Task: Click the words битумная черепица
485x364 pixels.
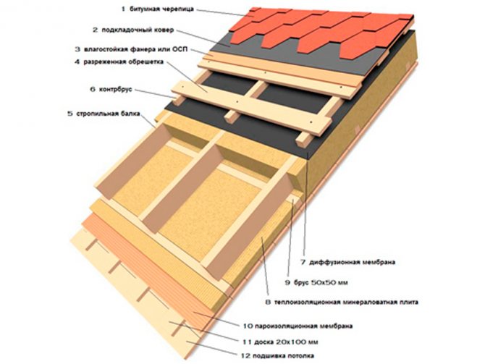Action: (160, 9)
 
